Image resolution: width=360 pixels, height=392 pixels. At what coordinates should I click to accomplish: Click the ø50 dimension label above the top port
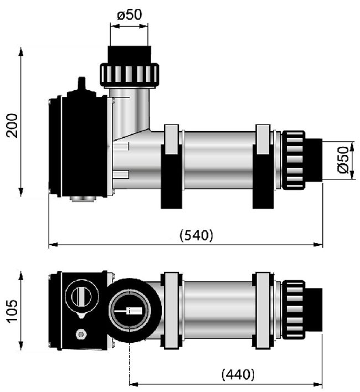point(130,15)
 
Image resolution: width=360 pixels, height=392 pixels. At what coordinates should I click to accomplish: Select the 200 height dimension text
point(12,126)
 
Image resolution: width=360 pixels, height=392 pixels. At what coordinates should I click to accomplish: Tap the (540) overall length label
point(197,235)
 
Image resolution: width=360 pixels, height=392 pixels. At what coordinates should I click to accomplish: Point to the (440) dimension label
point(238,374)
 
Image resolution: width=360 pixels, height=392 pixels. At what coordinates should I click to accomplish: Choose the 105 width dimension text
point(12,312)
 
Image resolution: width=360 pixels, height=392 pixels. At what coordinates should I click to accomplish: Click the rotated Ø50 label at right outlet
point(343,160)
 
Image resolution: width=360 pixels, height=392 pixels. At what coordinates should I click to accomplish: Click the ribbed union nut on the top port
point(130,76)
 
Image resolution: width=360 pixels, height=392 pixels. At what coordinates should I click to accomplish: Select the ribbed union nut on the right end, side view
point(294,160)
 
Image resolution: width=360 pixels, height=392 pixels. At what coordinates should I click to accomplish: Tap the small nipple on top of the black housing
point(81,85)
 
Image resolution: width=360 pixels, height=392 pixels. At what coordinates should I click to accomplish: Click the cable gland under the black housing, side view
point(83,199)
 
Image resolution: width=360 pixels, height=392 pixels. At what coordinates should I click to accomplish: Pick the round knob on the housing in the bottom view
point(82,297)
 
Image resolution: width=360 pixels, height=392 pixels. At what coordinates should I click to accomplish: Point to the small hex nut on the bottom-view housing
point(80,334)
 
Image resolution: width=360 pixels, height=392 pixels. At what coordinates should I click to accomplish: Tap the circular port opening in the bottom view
point(130,311)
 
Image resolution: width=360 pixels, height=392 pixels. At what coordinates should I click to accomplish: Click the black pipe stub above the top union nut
point(130,55)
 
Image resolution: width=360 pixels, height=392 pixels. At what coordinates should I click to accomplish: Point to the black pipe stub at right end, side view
point(313,160)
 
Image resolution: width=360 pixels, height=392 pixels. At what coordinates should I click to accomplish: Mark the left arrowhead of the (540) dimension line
point(53,245)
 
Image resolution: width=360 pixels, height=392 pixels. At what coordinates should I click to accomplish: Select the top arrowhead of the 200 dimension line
point(20,51)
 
